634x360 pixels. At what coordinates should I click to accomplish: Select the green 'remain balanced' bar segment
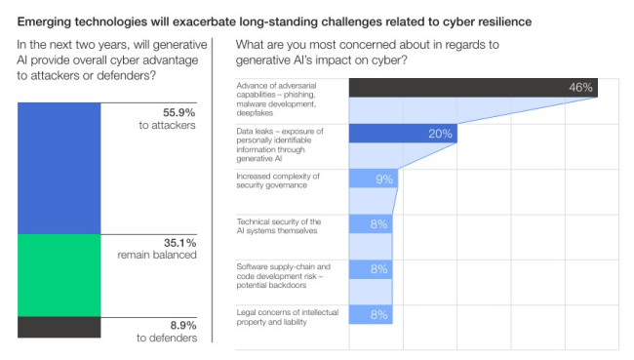coord(59,275)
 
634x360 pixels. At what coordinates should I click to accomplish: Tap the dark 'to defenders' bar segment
coord(59,328)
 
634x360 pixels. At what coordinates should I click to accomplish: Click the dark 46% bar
coord(472,88)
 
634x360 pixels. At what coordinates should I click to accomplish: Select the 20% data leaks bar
coord(402,134)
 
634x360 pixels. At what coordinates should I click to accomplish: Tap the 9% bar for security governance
coord(373,179)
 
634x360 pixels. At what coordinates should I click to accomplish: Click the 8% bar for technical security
coord(371,224)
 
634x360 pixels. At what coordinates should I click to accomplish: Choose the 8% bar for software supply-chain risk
coord(371,269)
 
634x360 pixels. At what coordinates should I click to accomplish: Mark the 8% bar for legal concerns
coord(371,314)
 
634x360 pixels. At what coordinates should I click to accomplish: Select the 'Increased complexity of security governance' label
coord(279,180)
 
